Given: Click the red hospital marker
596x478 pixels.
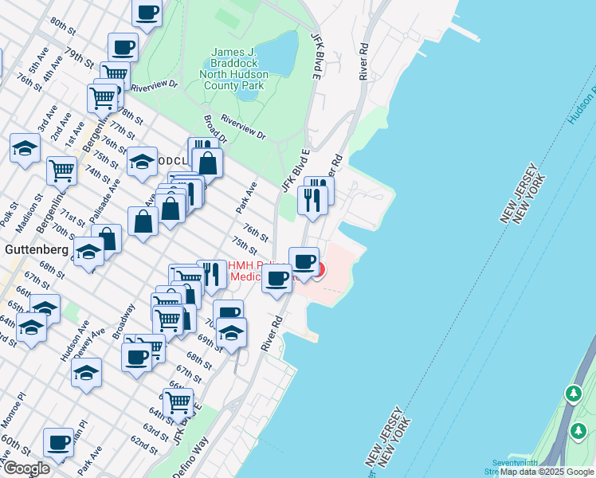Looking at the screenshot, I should point(318,270).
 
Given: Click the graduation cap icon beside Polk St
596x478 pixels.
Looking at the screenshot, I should point(25,147).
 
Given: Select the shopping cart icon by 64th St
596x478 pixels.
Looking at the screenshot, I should point(178,402).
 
